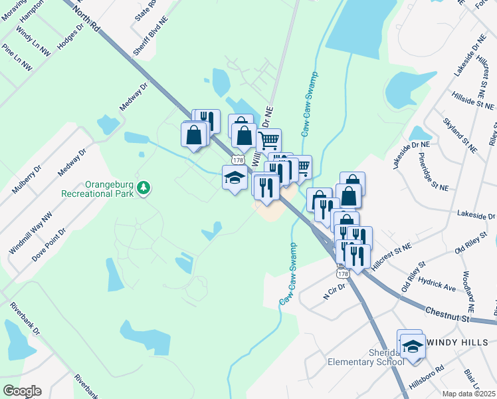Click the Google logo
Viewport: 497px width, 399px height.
(x=21, y=391)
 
